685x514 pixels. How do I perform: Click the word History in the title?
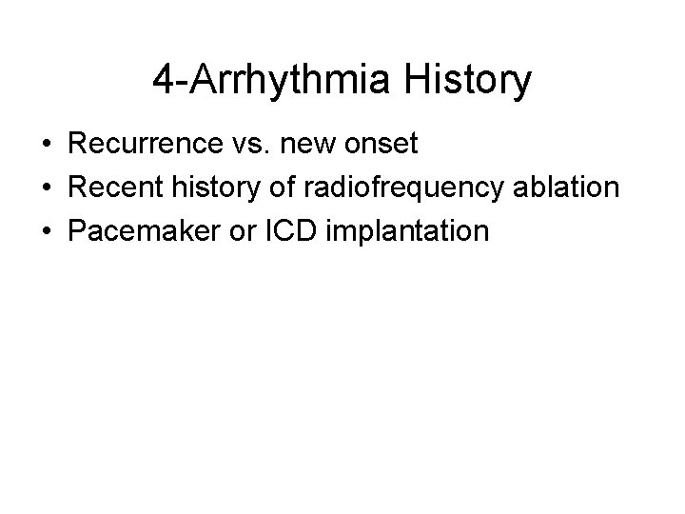click(468, 82)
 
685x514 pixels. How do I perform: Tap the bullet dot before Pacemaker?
click(47, 230)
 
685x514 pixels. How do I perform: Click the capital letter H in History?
click(419, 82)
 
